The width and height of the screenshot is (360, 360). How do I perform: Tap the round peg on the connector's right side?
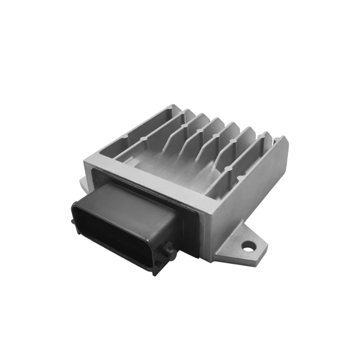click(169, 247)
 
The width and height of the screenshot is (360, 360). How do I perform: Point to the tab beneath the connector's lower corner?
click(155, 270)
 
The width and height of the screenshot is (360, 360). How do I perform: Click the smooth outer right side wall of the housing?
click(252, 189)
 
